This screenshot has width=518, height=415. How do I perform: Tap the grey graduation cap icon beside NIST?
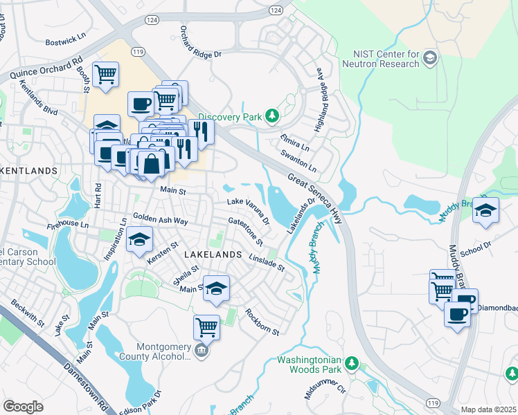(x=430, y=57)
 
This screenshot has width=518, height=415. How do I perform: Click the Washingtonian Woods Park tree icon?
(x=352, y=362)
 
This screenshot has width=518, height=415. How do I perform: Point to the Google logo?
(x=23, y=406)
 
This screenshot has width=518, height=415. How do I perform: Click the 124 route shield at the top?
(x=276, y=11)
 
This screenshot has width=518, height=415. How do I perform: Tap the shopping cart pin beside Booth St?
(x=105, y=74)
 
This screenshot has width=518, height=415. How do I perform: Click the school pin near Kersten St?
(x=139, y=240)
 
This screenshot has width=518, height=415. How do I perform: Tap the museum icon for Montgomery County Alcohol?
(x=201, y=350)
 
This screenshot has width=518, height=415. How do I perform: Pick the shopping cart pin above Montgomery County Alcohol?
(x=206, y=326)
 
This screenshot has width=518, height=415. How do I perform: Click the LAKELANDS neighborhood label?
(x=213, y=255)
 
